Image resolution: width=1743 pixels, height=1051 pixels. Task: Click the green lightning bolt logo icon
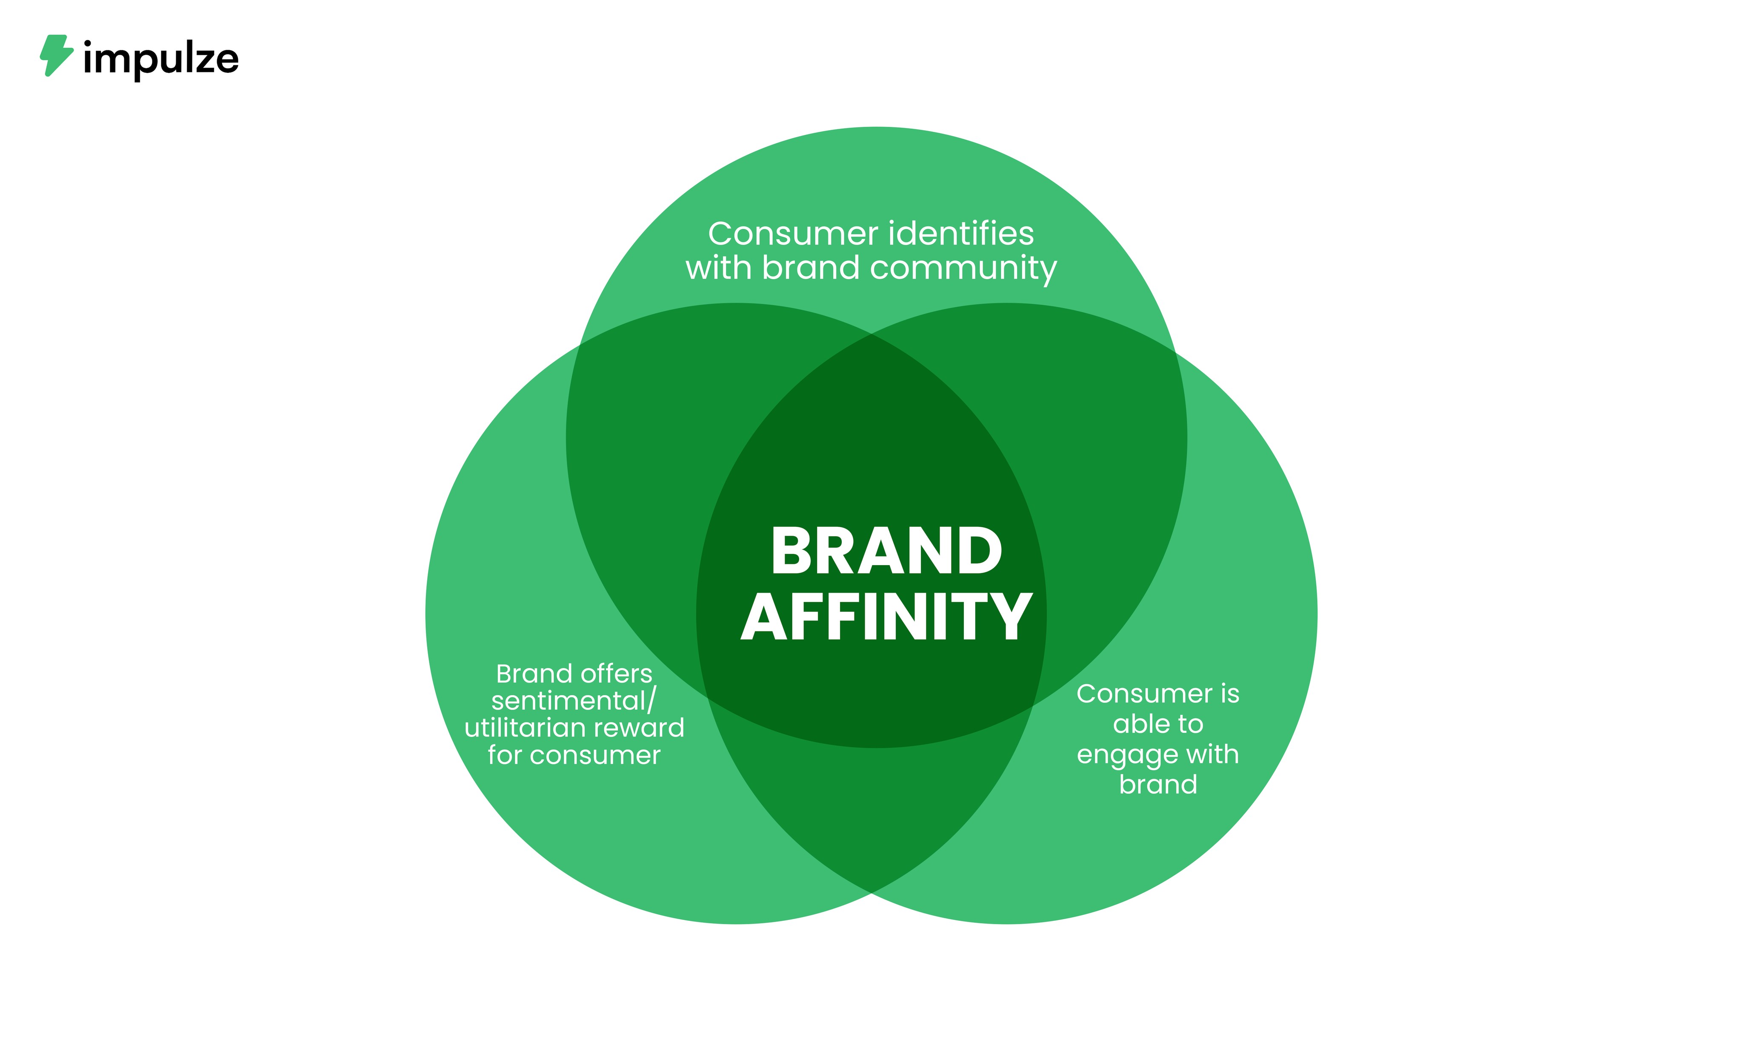coord(56,55)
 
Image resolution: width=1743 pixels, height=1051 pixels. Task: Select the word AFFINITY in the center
coord(886,617)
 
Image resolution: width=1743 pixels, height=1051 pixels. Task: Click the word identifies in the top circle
coord(960,234)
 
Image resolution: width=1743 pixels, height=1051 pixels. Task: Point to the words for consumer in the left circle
coord(574,755)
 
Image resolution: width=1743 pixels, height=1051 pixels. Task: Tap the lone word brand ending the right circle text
coord(1158,784)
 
